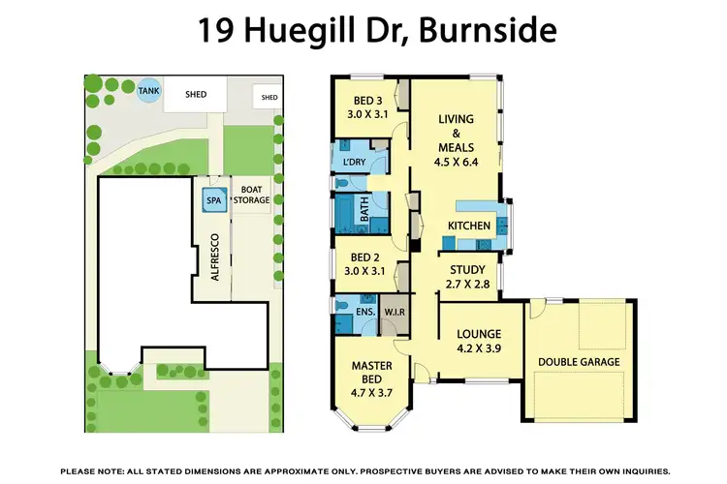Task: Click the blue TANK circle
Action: pos(148,91)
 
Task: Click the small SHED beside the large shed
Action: pos(269,97)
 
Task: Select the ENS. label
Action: pos(365,312)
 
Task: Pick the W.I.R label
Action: pos(395,312)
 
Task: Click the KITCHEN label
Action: pos(468,227)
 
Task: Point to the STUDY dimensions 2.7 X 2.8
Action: pos(468,285)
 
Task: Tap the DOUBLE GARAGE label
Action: pos(578,362)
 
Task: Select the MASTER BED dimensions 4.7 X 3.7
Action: pos(369,395)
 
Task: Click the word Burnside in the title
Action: pos(492,31)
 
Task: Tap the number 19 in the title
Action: pos(217,31)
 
